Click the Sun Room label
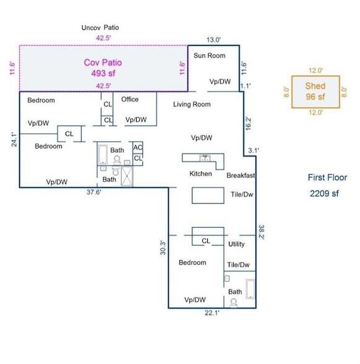click(x=210, y=56)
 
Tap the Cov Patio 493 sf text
click(x=103, y=68)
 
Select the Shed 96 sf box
click(x=315, y=92)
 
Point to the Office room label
click(x=130, y=99)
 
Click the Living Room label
click(x=192, y=104)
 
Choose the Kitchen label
click(x=200, y=173)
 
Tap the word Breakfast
click(x=241, y=176)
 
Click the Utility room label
click(x=236, y=244)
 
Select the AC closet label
click(x=138, y=147)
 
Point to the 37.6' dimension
click(x=94, y=192)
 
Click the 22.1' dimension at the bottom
click(x=212, y=313)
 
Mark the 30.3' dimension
click(x=163, y=248)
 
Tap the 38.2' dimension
click(x=262, y=232)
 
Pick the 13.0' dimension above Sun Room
click(x=213, y=40)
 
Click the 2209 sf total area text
click(x=324, y=193)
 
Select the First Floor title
click(x=327, y=178)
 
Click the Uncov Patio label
click(x=100, y=28)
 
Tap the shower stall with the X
click(x=127, y=176)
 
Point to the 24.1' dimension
click(x=14, y=140)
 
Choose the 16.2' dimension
click(x=248, y=124)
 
